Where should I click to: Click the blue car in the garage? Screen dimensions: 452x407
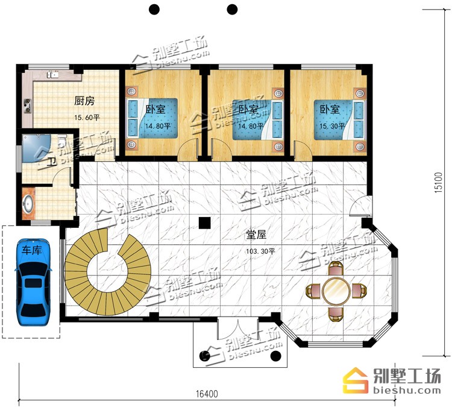click(33, 282)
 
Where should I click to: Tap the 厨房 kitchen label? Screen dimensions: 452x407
click(84, 101)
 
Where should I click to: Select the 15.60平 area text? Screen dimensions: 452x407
click(87, 118)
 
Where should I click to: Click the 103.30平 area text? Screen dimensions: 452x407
click(260, 251)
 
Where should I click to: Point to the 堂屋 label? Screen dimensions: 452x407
click(256, 234)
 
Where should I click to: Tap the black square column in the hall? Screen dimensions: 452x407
click(205, 222)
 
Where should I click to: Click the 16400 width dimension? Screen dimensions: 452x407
click(207, 394)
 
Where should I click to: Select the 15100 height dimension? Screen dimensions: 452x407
click(438, 182)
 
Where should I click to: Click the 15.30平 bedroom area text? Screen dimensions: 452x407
click(332, 126)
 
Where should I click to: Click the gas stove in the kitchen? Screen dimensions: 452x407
click(28, 106)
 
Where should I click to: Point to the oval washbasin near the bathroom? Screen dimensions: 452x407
click(28, 204)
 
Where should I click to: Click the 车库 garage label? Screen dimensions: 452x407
click(32, 250)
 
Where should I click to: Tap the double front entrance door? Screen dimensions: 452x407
click(237, 328)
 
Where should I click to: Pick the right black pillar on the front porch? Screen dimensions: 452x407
click(276, 356)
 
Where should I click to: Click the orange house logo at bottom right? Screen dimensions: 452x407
click(356, 380)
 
